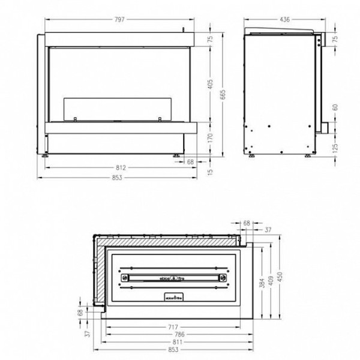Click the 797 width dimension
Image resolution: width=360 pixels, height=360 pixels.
pyautogui.click(x=119, y=20)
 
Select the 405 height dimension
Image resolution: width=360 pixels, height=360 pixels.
pyautogui.click(x=211, y=85)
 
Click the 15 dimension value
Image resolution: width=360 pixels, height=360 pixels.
pyautogui.click(x=211, y=172)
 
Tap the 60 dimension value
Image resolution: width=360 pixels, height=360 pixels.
pyautogui.click(x=335, y=107)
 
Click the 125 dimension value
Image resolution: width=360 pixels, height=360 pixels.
pyautogui.click(x=335, y=146)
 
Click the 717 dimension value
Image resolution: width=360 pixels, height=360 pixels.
pyautogui.click(x=172, y=327)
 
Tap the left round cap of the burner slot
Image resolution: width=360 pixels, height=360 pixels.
pyautogui.click(x=125, y=277)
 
